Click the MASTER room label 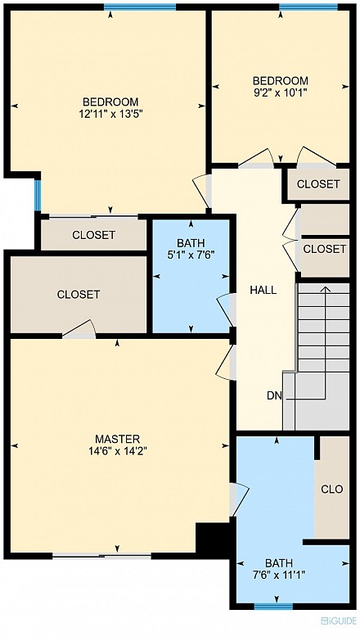tap(117, 439)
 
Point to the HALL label tap(263, 291)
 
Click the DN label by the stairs tap(274, 395)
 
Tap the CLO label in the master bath tap(332, 490)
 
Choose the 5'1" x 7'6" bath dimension tap(191, 255)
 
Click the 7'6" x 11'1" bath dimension tap(279, 575)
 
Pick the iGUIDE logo tap(339, 621)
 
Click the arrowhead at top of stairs tap(326, 289)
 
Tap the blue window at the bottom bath tap(273, 607)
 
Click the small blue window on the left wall tap(38, 195)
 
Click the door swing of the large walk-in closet tap(80, 328)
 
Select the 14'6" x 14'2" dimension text tap(117, 451)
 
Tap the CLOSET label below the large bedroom tap(93, 235)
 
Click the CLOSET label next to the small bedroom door tap(318, 184)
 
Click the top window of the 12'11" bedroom tap(140, 7)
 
